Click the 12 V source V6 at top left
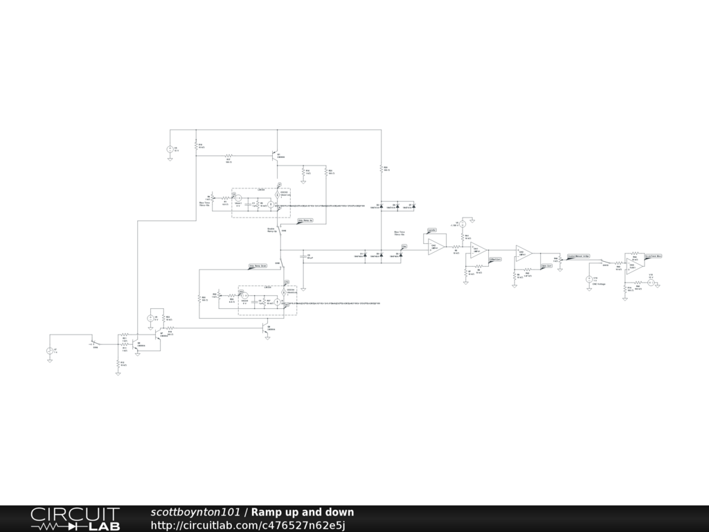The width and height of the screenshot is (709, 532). pyautogui.click(x=170, y=149)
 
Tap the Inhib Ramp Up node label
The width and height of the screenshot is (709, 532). pyautogui.click(x=305, y=221)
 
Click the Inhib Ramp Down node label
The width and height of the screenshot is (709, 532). pyautogui.click(x=258, y=265)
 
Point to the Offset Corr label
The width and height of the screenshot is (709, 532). pyautogui.click(x=495, y=259)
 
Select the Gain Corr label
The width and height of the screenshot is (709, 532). pyautogui.click(x=546, y=265)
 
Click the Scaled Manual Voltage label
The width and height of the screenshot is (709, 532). pyautogui.click(x=578, y=256)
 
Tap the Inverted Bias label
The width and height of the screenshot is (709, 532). pyautogui.click(x=654, y=256)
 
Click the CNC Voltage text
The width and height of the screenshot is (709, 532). pyautogui.click(x=599, y=284)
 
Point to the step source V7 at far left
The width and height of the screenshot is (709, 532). pyautogui.click(x=50, y=351)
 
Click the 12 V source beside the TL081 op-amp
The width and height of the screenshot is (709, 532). pyautogui.click(x=651, y=283)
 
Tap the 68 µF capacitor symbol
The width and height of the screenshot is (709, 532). pyautogui.click(x=303, y=256)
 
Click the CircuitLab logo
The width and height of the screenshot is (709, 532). pyautogui.click(x=75, y=519)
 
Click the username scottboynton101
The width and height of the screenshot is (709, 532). pyautogui.click(x=195, y=513)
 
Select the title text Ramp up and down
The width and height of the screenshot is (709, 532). pyautogui.click(x=302, y=513)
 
